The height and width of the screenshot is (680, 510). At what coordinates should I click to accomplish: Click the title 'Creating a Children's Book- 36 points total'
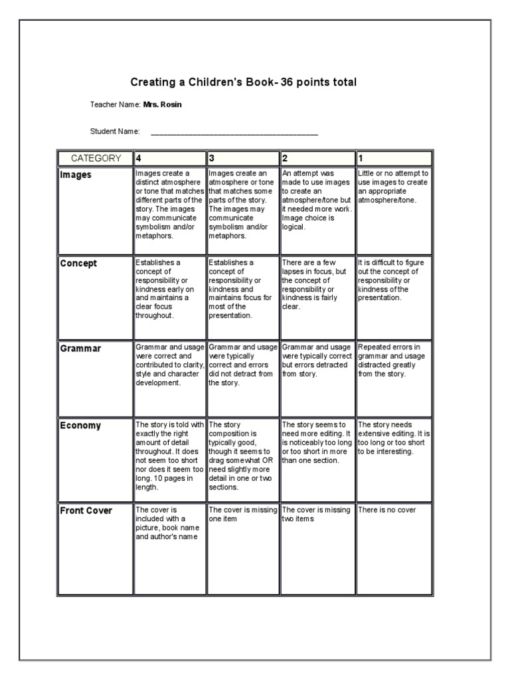(x=243, y=82)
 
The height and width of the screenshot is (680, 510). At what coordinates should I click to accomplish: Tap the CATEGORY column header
(x=96, y=158)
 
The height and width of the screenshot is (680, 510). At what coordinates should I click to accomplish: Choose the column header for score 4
(x=169, y=158)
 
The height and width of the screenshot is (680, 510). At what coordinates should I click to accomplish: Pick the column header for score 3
(x=243, y=158)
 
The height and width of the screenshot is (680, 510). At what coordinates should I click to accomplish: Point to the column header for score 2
(x=317, y=158)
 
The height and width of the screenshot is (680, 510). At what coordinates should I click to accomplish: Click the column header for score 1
(x=394, y=158)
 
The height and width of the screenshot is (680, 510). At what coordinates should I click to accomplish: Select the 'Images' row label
(x=76, y=175)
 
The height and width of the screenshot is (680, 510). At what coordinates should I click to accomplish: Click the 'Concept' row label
(x=78, y=264)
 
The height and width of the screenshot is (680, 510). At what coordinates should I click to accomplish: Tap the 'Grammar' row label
(x=80, y=349)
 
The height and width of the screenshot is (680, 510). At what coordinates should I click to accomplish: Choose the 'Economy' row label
(x=80, y=426)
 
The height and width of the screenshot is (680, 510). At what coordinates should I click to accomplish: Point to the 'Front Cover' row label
(x=86, y=511)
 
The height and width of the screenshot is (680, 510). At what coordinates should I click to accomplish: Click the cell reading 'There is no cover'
(x=387, y=510)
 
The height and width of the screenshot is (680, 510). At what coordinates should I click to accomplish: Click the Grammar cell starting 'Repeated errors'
(x=389, y=360)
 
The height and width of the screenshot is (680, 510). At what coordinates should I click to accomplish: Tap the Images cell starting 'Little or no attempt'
(x=393, y=186)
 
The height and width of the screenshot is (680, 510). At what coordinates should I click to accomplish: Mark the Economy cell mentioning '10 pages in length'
(x=169, y=456)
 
